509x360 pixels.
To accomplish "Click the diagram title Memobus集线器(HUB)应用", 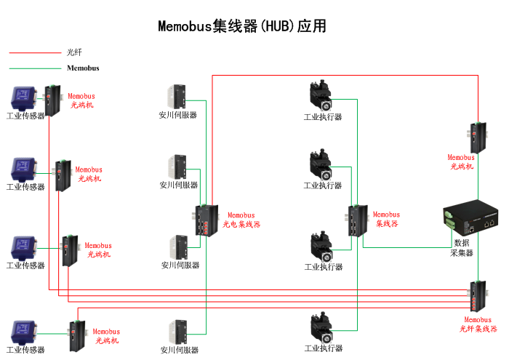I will pyautogui.click(x=242, y=26).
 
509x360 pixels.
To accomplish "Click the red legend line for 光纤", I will pyautogui.click(x=35, y=52).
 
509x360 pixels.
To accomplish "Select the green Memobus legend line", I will pyautogui.click(x=35, y=68).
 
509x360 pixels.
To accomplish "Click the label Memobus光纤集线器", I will pyautogui.click(x=478, y=324).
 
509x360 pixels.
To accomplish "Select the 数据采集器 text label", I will pyautogui.click(x=463, y=248).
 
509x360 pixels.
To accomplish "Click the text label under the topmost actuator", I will pyautogui.click(x=322, y=117).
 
